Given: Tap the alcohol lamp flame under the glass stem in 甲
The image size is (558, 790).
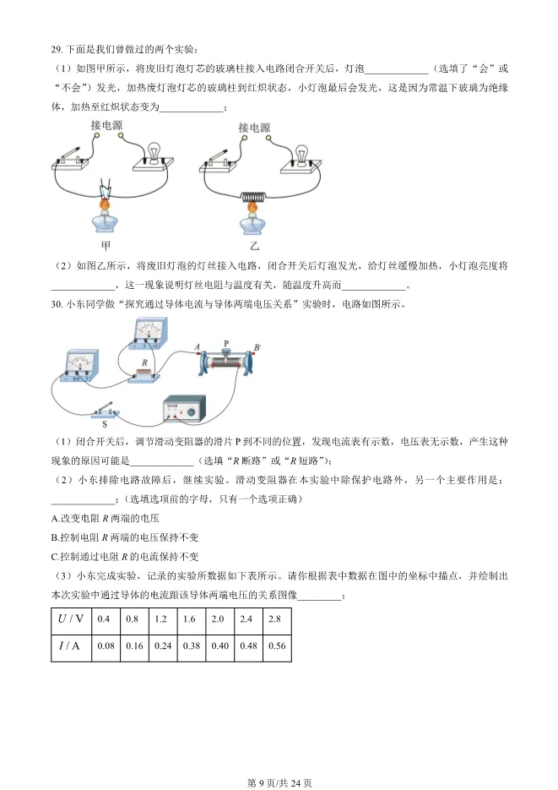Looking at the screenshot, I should [x=106, y=205].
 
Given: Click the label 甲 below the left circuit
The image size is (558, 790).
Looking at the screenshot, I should [x=106, y=246].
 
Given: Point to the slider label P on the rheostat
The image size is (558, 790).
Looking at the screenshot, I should [x=226, y=344].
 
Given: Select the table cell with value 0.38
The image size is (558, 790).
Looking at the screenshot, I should [x=189, y=646].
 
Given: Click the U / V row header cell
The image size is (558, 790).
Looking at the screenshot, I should [x=71, y=619].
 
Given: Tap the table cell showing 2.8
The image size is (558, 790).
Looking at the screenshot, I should [x=275, y=619].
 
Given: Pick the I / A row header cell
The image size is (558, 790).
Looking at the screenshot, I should [x=71, y=646].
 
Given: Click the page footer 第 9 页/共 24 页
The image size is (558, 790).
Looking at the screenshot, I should [x=279, y=782].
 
